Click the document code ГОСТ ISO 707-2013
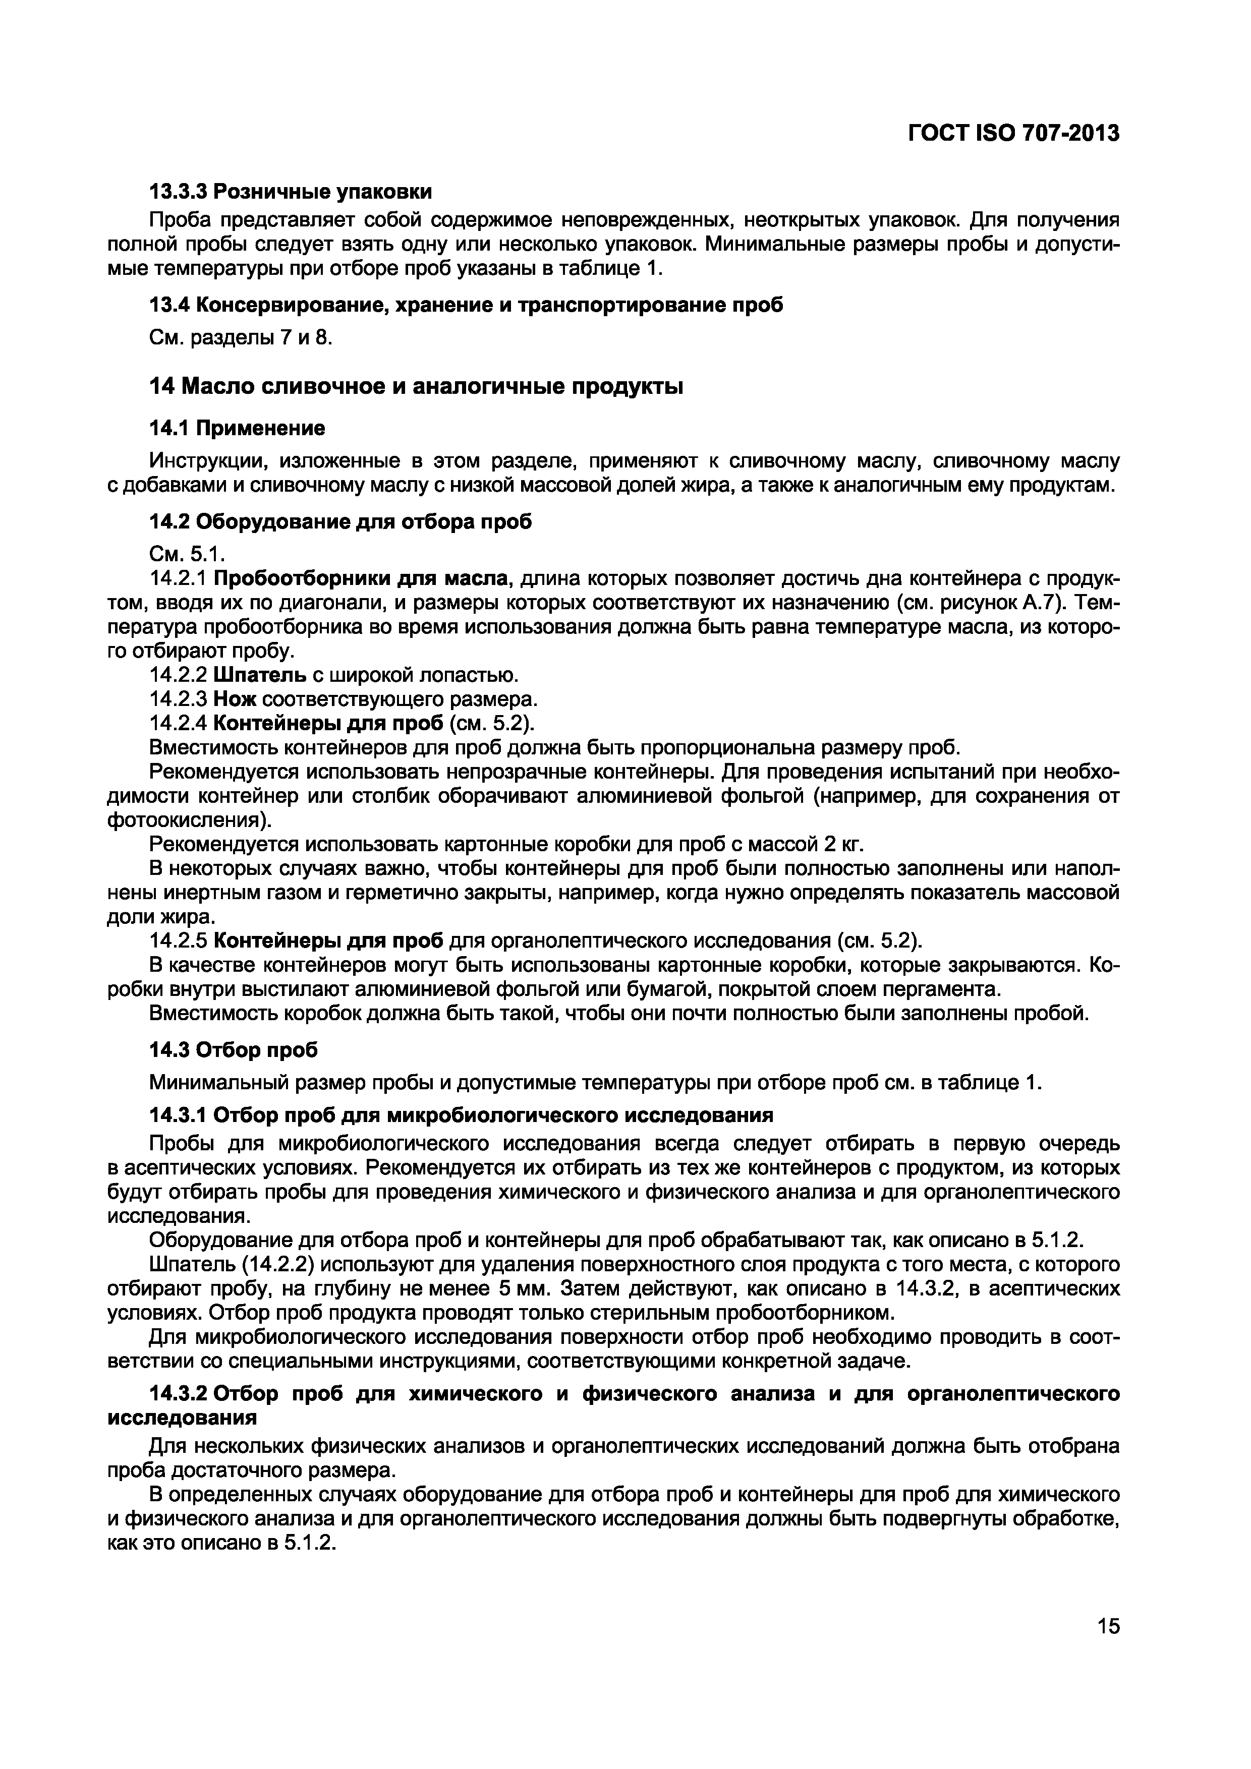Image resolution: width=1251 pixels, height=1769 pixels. click(1013, 133)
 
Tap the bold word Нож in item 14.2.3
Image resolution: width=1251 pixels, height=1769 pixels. click(235, 699)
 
